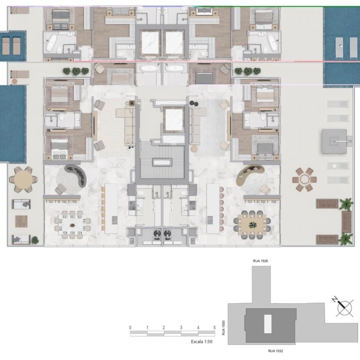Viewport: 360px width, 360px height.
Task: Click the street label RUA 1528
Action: [260, 261]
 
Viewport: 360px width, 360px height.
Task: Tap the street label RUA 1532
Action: [275, 351]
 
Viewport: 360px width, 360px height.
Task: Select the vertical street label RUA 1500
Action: [224, 328]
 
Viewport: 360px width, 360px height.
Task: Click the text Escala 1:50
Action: [202, 342]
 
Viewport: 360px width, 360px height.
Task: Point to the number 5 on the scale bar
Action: [215, 328]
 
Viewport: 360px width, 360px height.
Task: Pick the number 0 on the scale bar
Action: [130, 328]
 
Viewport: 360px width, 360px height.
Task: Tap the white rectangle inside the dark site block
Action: [268, 324]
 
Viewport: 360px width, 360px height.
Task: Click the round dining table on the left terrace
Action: [23, 180]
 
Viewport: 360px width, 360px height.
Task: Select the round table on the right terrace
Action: [305, 180]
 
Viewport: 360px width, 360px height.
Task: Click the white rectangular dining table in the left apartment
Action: [72, 224]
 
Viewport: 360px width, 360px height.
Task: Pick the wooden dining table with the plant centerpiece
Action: [252, 225]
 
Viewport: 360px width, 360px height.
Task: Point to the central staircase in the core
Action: [162, 162]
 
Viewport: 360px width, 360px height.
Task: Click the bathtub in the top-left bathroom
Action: [51, 43]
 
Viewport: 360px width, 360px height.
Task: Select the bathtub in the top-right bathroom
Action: [272, 43]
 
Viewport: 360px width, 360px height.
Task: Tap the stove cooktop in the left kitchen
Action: [132, 205]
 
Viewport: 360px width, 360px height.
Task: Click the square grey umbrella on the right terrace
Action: [334, 141]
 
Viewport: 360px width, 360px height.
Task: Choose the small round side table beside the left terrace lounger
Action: [14, 81]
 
